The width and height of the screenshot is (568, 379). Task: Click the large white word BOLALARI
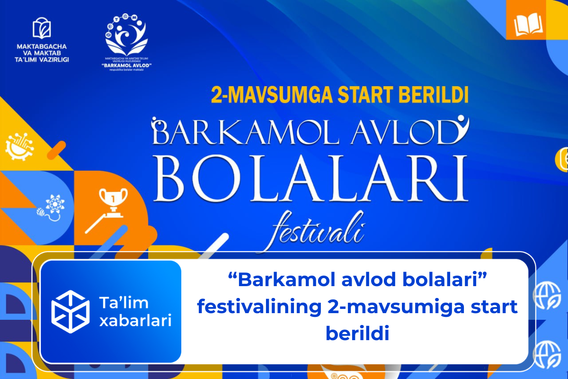click(310, 181)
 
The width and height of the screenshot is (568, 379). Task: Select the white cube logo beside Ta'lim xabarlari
click(70, 311)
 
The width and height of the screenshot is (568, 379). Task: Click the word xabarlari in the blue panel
click(135, 321)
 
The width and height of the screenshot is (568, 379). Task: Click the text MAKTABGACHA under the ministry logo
click(41, 46)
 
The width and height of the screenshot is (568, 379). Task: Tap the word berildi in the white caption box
click(357, 334)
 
